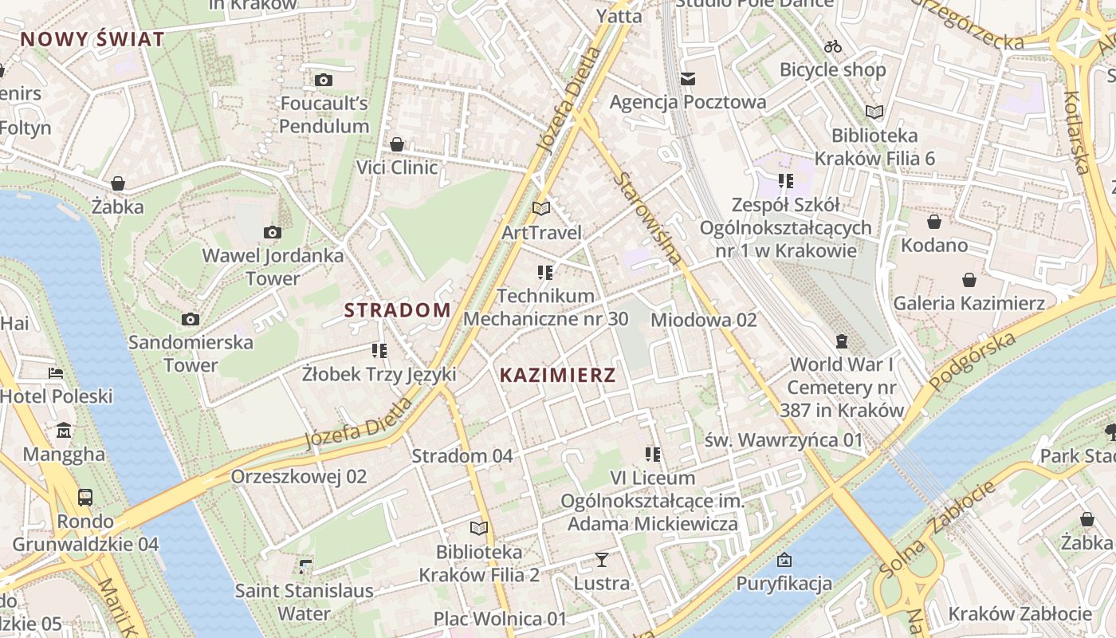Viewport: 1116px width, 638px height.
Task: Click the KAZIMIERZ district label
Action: (557, 375)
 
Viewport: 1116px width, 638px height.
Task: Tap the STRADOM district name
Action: (397, 310)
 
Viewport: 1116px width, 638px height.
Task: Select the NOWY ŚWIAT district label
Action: (92, 39)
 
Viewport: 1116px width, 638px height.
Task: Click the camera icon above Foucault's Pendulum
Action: (324, 80)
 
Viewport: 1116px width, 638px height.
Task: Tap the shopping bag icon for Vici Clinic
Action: (397, 144)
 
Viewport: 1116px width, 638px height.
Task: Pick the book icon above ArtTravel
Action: (541, 209)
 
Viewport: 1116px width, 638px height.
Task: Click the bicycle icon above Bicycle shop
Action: (833, 46)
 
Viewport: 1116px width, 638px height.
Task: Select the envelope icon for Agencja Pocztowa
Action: (688, 78)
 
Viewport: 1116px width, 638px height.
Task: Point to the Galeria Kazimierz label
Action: (969, 303)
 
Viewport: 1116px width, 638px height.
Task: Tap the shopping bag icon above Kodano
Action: (933, 222)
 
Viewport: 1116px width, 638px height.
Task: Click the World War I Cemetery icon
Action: (841, 341)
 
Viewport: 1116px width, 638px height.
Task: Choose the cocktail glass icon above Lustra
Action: (602, 560)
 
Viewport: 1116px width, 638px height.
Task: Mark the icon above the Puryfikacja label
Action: (784, 560)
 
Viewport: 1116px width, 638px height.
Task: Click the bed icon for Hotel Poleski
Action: (55, 372)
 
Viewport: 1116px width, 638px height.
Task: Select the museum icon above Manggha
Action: (64, 431)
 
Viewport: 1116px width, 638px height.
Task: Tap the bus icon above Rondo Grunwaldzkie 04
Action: (84, 498)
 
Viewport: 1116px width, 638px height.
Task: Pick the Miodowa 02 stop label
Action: (703, 320)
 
